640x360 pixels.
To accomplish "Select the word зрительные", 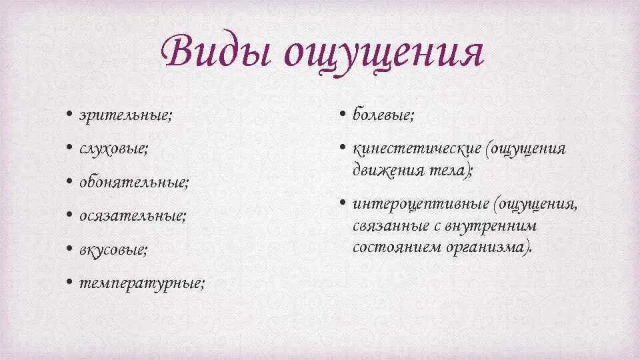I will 126,115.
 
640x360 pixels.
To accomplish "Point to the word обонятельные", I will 134,182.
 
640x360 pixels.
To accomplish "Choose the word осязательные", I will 132,216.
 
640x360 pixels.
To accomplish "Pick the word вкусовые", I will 113,250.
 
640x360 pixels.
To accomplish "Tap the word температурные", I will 142,283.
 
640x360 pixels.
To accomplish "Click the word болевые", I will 383,115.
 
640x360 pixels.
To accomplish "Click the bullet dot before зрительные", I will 70,115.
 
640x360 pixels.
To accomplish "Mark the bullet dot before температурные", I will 70,283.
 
